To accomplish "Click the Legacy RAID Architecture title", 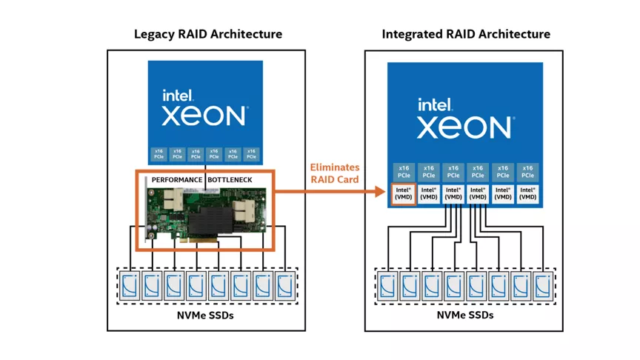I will pos(207,34).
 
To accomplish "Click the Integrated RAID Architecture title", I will pos(466,34).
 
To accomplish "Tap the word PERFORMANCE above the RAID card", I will pos(177,180).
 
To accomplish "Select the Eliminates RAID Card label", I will pos(334,173).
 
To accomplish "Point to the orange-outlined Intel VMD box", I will pos(404,195).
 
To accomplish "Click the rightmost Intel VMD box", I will pos(527,195).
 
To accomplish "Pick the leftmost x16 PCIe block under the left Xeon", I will pos(159,154).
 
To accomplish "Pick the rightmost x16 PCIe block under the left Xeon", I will pos(251,154).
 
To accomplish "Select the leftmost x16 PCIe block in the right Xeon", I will pos(404,172).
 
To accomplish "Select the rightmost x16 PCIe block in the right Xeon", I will pos(527,172).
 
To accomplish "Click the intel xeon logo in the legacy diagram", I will pos(204,108).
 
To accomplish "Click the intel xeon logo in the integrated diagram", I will pos(464,119).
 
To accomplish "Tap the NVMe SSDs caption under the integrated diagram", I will pos(464,315).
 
